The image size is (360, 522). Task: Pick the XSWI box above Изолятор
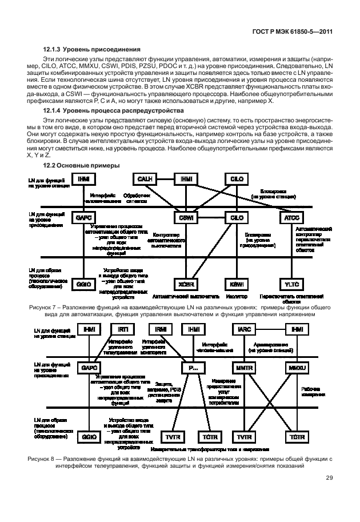pos(235,284)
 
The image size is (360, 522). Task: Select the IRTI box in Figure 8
pos(123,330)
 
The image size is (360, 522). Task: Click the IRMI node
pos(160,330)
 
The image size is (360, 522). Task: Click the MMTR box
pos(243,368)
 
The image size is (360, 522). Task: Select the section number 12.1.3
pos(53,49)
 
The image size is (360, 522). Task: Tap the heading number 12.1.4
pos(53,109)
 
